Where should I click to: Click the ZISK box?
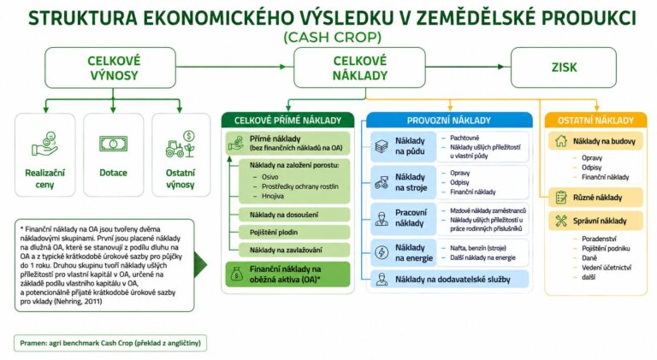(564, 68)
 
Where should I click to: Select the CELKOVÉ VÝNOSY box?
(110, 68)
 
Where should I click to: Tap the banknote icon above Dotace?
(113, 144)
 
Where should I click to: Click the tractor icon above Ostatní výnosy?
(181, 145)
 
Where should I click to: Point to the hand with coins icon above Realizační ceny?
(44, 144)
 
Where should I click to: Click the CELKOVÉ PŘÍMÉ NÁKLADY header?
(287, 121)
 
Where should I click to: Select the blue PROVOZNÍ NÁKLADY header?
(449, 121)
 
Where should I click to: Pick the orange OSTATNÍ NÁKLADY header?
(595, 121)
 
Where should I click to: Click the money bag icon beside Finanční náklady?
(237, 274)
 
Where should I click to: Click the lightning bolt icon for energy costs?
(382, 252)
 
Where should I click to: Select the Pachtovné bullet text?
(465, 138)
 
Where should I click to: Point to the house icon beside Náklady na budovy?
(561, 141)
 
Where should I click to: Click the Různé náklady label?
(597, 198)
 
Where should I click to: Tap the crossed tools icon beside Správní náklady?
(561, 221)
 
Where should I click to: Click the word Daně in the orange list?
(589, 258)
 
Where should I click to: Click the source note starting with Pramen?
(110, 343)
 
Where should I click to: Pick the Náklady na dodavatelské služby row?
(450, 280)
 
